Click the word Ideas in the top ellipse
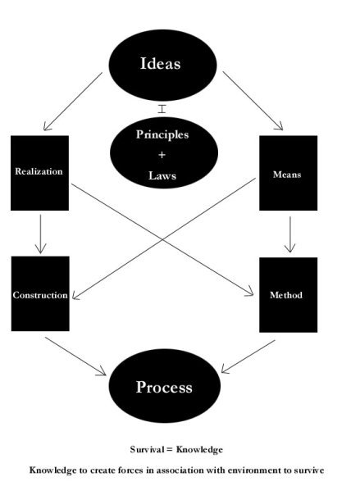click(x=160, y=63)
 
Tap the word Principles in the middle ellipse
click(x=162, y=134)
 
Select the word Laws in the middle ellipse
click(x=162, y=175)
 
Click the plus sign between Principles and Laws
click(x=162, y=155)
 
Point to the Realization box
click(x=40, y=173)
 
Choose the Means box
click(x=289, y=173)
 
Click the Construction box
click(x=40, y=293)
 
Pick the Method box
click(x=289, y=295)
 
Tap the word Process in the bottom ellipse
click(x=164, y=387)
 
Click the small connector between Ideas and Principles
click(x=162, y=109)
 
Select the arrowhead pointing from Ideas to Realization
click(x=47, y=126)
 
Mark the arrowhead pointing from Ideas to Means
click(x=279, y=126)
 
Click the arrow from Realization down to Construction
click(x=40, y=234)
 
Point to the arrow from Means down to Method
click(x=290, y=234)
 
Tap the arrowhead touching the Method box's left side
click(x=249, y=292)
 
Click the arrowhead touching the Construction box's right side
click(x=76, y=295)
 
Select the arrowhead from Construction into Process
click(x=102, y=372)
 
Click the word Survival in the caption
click(x=147, y=449)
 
